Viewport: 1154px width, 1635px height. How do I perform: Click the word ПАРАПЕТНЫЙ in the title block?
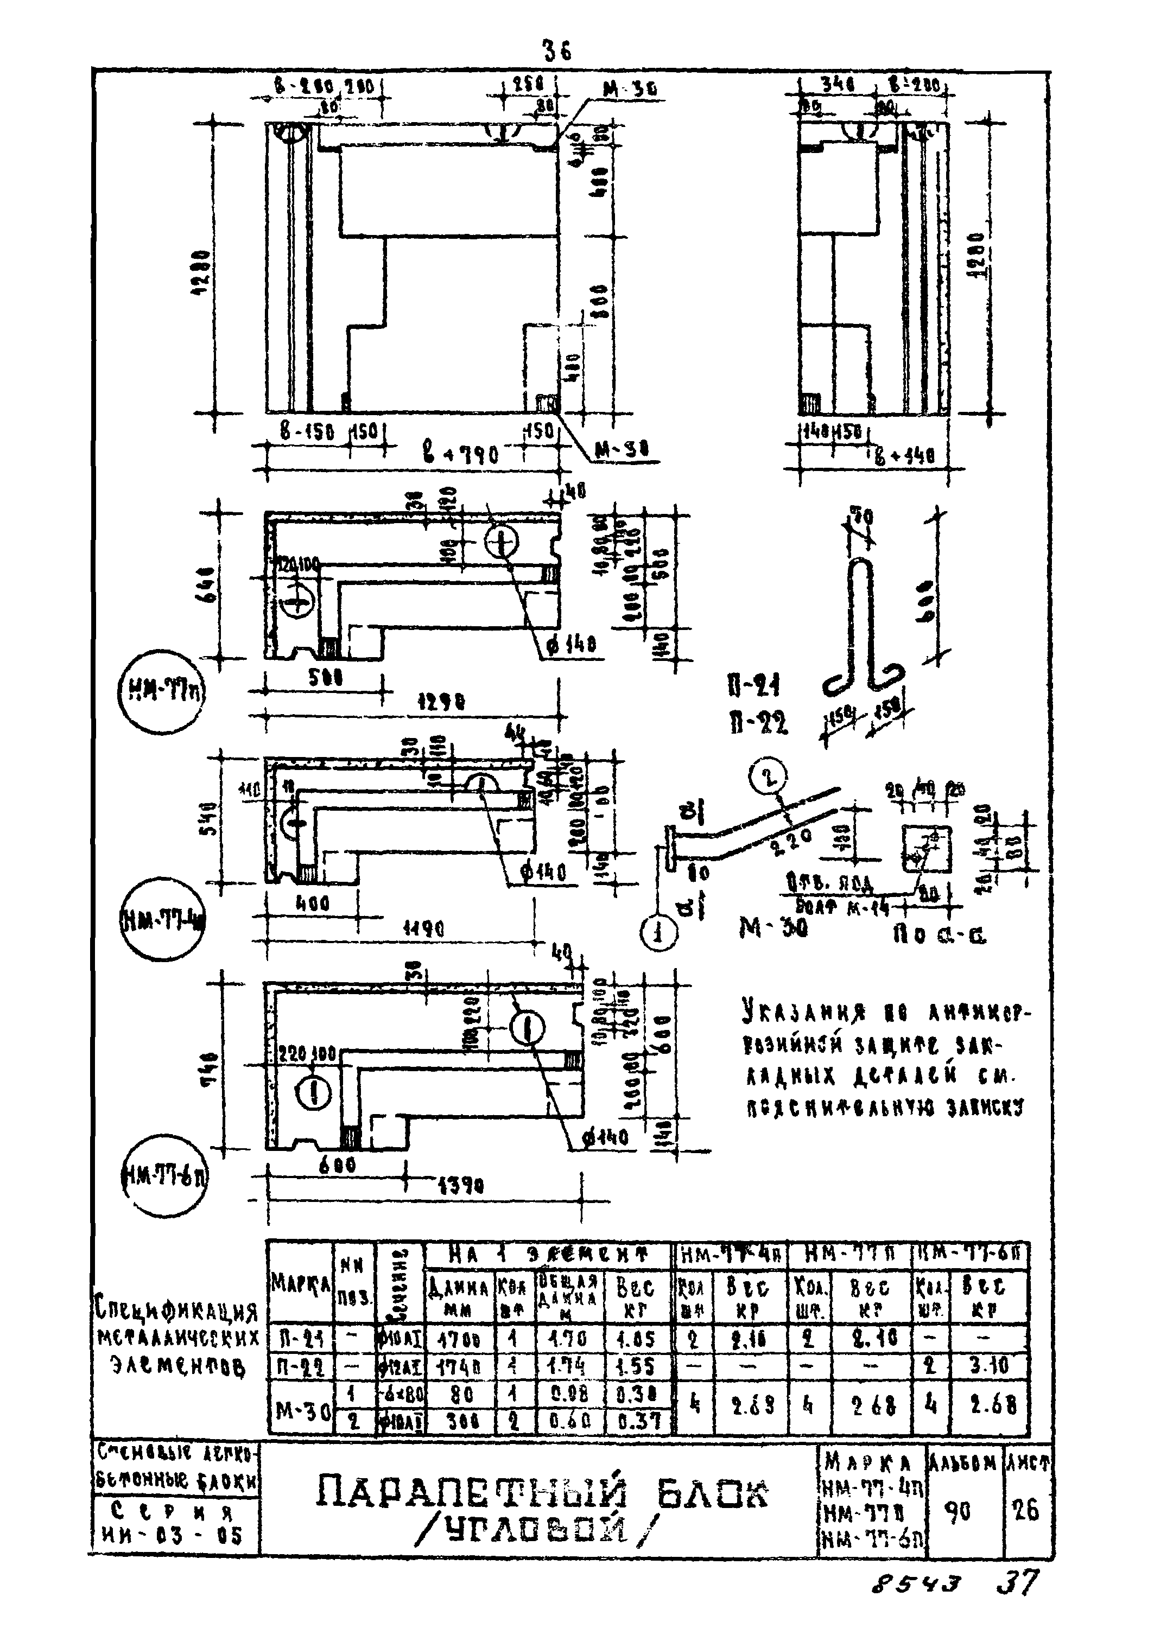470,1494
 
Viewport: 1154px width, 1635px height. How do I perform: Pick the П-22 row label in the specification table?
299,1366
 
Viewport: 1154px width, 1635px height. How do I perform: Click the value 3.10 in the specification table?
990,1366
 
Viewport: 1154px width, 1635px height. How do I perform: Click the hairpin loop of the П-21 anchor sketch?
860,570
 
